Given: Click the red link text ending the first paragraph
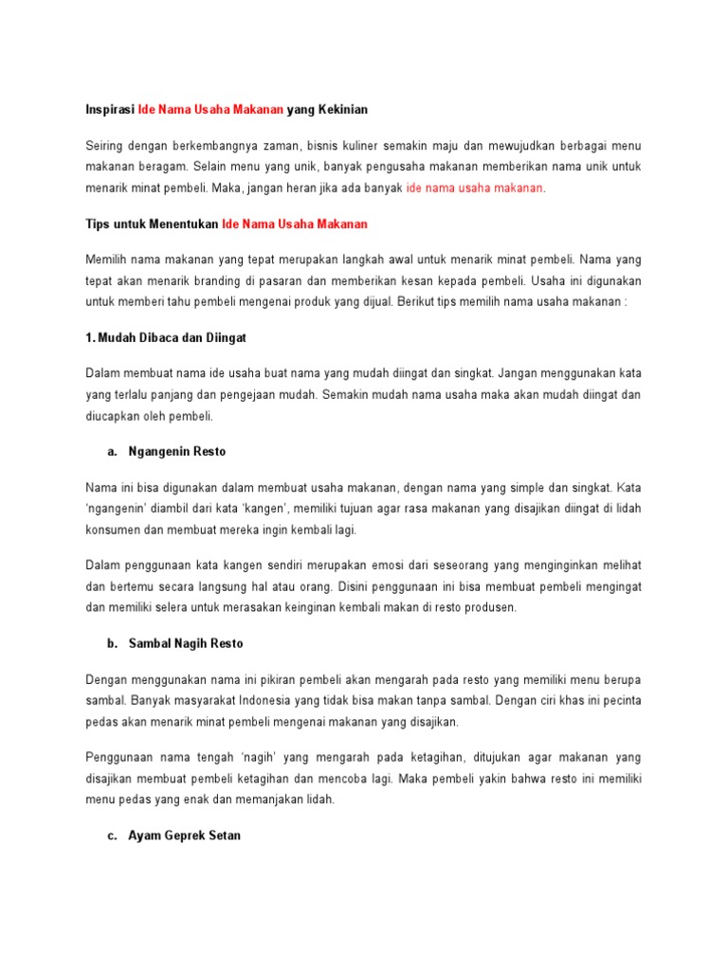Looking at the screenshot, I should pos(475,188).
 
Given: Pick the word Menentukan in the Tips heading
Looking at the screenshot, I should pos(186,224).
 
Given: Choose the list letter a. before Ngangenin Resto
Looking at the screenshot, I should pos(112,452).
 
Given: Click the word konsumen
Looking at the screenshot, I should pos(110,530).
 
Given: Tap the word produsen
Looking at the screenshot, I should pos(493,607).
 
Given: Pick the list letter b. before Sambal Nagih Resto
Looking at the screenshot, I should pos(112,643).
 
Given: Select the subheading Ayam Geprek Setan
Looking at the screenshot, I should pos(184,835).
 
